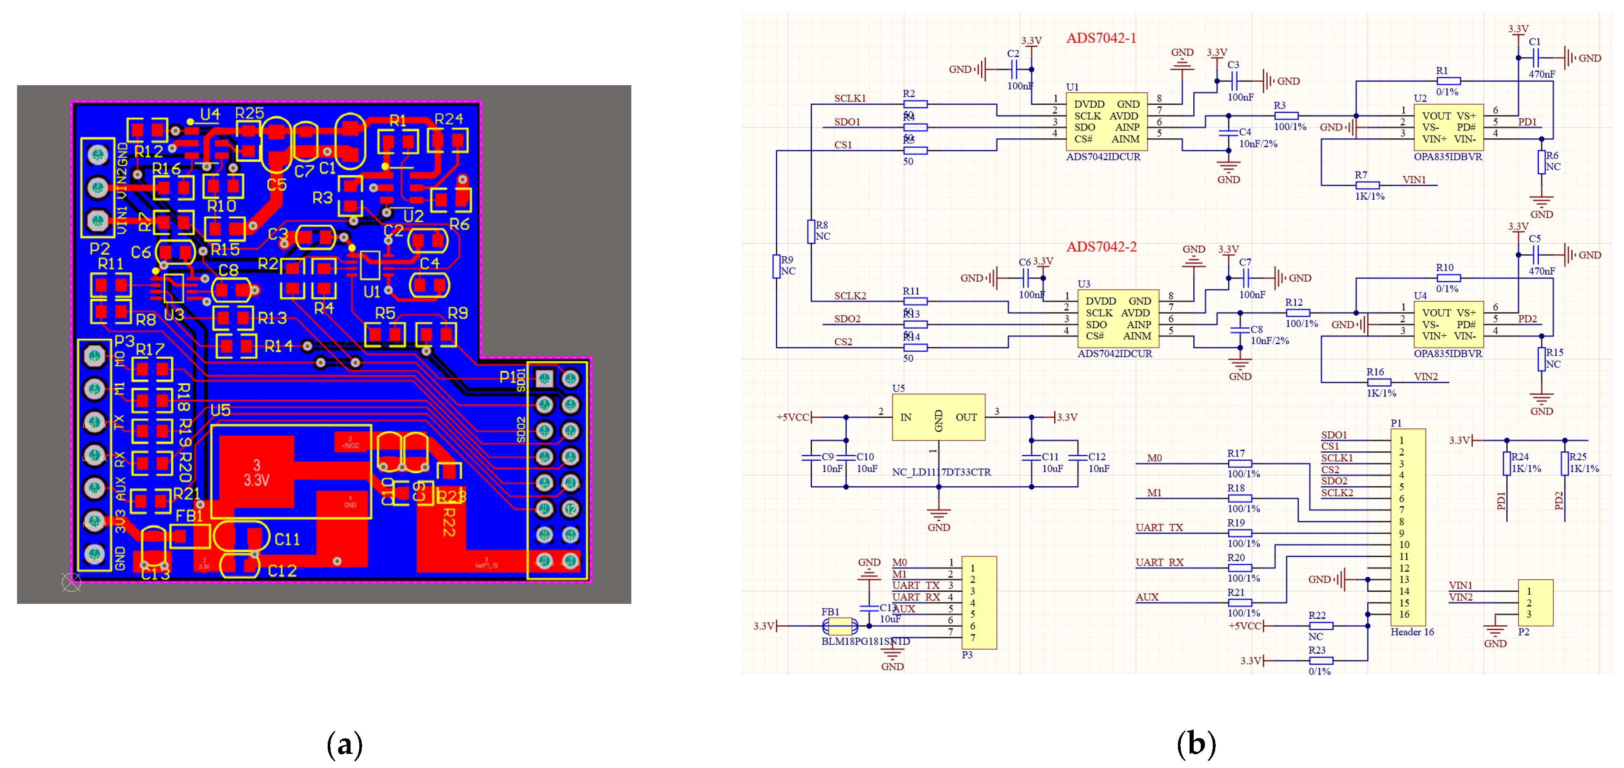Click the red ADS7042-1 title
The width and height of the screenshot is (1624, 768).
point(1101,39)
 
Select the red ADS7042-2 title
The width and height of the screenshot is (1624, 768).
point(1101,247)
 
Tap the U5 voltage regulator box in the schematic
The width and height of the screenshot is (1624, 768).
point(938,417)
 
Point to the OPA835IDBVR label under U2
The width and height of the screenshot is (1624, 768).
point(1447,157)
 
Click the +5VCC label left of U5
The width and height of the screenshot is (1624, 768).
point(792,417)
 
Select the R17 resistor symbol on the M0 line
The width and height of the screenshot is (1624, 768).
point(1239,463)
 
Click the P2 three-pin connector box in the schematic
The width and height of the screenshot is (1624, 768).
point(1534,603)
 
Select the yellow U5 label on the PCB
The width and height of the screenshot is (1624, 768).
point(220,411)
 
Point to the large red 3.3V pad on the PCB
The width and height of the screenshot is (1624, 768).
point(255,473)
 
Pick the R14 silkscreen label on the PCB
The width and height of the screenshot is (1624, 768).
point(279,346)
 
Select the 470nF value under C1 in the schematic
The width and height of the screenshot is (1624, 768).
point(1541,74)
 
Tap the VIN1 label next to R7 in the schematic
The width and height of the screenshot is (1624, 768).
point(1413,180)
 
